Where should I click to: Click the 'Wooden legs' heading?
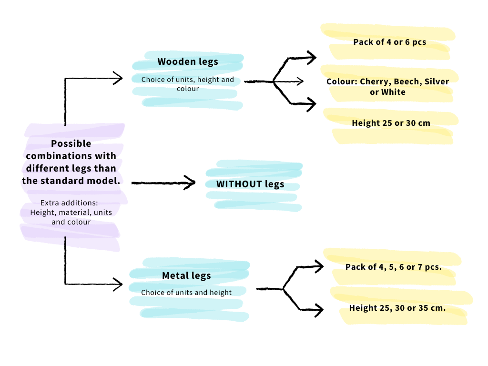(188, 61)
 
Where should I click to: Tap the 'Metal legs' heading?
(186, 275)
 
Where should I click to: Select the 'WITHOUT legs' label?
(250, 184)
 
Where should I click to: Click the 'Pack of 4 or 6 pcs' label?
(390, 42)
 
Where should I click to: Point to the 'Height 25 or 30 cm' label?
(391, 123)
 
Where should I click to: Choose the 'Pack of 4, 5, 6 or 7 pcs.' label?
(393, 267)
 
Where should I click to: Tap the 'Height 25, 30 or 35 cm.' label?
(397, 308)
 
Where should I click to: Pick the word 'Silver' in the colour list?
(437, 81)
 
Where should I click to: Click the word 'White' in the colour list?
(393, 92)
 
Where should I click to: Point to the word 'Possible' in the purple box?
(71, 143)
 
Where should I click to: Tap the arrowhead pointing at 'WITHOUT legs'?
(190, 183)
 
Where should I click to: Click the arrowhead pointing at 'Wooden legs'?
(118, 78)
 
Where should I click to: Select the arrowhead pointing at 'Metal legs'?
(118, 284)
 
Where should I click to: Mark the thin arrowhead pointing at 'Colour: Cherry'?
(300, 81)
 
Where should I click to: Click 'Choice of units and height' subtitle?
(186, 293)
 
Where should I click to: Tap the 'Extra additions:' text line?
(69, 203)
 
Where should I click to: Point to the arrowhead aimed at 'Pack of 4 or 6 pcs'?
(311, 57)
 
